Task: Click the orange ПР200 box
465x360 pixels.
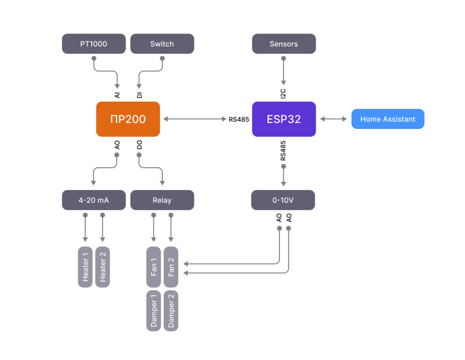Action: tap(128, 119)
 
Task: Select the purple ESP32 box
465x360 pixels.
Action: tap(284, 119)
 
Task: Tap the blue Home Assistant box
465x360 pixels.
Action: tap(388, 119)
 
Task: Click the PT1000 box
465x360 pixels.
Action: tap(94, 44)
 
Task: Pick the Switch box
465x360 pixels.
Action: tap(162, 44)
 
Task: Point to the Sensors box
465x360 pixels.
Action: tap(284, 44)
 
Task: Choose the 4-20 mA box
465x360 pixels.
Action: tap(94, 200)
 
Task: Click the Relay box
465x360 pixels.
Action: tap(162, 200)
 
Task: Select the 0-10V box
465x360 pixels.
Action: tap(283, 200)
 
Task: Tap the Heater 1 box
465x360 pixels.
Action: tap(85, 267)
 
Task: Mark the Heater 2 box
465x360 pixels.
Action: tap(102, 267)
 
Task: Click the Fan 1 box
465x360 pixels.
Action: tap(154, 267)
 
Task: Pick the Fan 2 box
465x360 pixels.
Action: tap(171, 267)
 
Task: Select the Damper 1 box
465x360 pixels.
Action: tap(154, 311)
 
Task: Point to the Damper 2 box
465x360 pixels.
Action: tap(171, 311)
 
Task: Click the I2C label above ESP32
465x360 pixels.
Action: tap(283, 94)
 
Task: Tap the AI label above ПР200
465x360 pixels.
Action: tap(117, 95)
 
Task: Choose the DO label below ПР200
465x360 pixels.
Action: tap(139, 144)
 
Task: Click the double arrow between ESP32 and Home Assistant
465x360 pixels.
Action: tap(333, 119)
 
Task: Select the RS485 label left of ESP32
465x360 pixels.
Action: tap(239, 120)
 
